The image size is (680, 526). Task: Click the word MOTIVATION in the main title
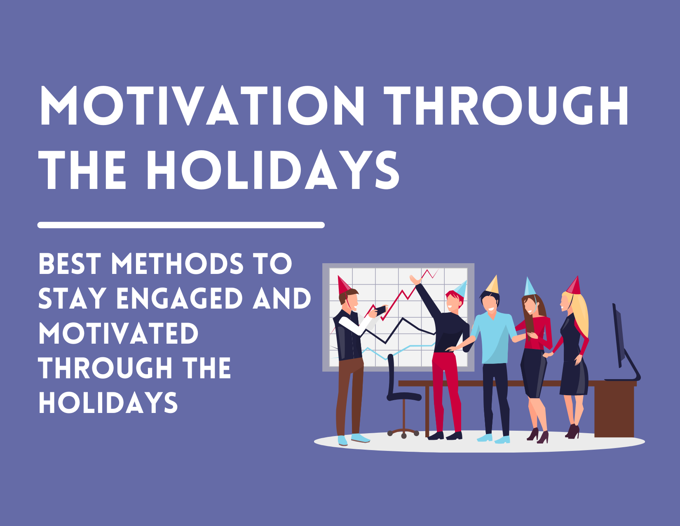202,106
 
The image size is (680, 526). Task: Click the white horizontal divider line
181,225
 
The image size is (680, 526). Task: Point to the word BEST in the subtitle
69,264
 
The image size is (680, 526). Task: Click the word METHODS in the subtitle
177,264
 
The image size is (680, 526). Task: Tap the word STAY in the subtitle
72,299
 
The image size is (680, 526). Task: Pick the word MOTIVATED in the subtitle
118,333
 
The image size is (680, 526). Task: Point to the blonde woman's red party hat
574,286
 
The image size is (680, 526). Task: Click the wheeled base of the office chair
403,433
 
